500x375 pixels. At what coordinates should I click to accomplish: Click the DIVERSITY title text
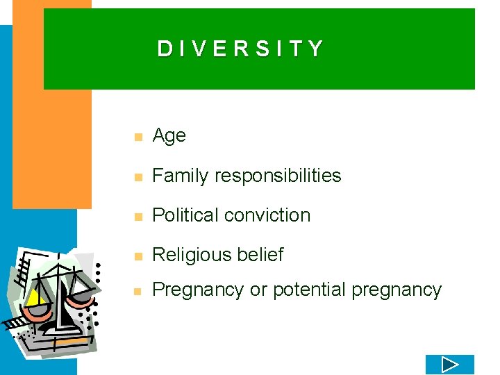[x=240, y=49]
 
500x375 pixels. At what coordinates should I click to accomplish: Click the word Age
[x=169, y=136]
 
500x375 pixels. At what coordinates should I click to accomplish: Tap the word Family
[x=181, y=176]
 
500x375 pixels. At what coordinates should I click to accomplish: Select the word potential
[x=310, y=290]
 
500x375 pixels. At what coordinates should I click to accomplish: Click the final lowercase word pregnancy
[x=397, y=290]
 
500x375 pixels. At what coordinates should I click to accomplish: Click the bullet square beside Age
[x=138, y=137]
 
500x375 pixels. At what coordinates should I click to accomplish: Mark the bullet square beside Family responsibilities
[x=138, y=177]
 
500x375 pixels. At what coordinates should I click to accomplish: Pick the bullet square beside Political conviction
[x=138, y=217]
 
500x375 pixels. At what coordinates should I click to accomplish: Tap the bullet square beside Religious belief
[x=138, y=256]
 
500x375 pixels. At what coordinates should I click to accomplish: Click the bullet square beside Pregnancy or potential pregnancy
[x=138, y=291]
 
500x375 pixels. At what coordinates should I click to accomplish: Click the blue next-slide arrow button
[x=449, y=364]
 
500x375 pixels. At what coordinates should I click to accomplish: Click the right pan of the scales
[x=81, y=296]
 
